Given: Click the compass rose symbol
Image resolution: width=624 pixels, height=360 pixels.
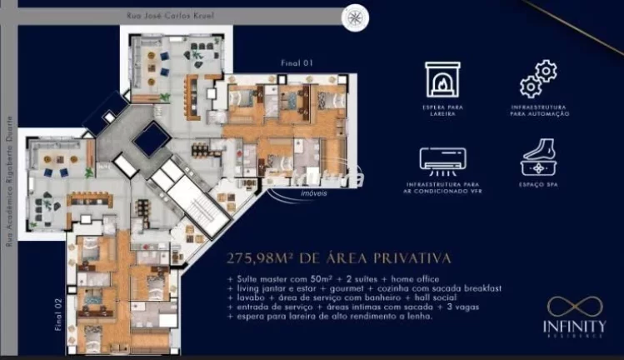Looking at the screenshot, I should point(356,16).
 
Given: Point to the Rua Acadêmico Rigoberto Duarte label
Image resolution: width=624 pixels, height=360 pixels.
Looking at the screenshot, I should point(11,180).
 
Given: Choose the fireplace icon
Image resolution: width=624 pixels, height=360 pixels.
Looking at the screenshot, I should point(443,80).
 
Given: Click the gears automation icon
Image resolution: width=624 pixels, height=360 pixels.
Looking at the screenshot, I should point(538,79).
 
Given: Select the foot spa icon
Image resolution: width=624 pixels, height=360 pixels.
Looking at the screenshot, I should point(538,157).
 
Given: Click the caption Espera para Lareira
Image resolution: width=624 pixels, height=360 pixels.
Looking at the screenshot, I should point(443,111).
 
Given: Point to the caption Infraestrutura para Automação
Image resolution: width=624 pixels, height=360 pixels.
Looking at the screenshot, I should point(539,111).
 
